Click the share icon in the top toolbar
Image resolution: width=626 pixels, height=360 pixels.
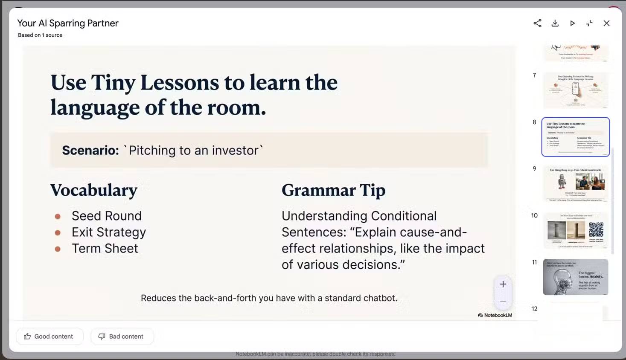537,23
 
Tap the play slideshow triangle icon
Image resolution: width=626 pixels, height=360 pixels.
572,23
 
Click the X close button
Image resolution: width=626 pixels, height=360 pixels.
606,23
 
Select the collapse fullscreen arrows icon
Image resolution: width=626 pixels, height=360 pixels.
589,23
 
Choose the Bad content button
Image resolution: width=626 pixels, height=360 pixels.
122,337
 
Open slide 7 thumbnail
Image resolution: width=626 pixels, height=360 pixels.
575,90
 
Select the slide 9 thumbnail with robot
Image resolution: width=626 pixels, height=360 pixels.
575,183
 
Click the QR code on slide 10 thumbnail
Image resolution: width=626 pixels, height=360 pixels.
596,229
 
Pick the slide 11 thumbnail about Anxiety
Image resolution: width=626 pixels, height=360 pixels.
575,277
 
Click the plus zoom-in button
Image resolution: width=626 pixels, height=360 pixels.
503,285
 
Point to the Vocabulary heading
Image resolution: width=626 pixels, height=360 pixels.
94,190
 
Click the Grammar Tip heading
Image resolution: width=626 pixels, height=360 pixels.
333,190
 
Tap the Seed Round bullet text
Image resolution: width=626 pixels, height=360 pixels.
106,216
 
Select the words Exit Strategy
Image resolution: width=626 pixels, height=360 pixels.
108,232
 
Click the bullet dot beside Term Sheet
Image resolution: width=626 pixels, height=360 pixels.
58,249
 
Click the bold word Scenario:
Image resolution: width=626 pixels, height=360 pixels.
90,151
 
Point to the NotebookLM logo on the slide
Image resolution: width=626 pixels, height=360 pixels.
495,315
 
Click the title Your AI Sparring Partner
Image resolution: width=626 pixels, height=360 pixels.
68,23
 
